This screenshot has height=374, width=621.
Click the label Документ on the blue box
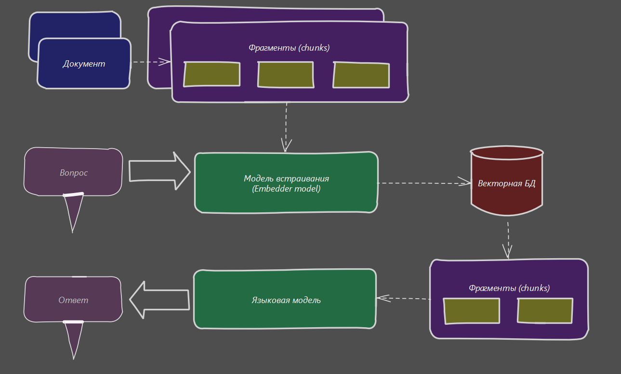(x=84, y=64)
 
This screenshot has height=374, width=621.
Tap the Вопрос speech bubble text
(x=74, y=173)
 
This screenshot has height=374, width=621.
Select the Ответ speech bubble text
(x=73, y=300)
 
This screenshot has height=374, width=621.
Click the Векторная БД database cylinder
(x=506, y=183)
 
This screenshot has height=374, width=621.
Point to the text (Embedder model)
(x=286, y=189)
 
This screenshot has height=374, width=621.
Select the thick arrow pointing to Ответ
(x=159, y=300)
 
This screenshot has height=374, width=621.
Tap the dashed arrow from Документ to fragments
(x=151, y=62)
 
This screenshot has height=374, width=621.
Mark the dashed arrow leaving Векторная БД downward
(x=508, y=240)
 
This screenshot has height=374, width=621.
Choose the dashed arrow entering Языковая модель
(x=403, y=298)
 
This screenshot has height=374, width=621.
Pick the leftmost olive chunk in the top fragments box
(x=212, y=74)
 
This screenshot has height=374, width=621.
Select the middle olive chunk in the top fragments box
(x=286, y=75)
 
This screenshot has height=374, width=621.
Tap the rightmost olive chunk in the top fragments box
(x=361, y=75)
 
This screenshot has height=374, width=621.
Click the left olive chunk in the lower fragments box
(x=472, y=311)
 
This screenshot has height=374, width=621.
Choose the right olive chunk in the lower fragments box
(x=545, y=311)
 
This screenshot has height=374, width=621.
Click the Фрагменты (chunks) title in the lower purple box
(x=509, y=288)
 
